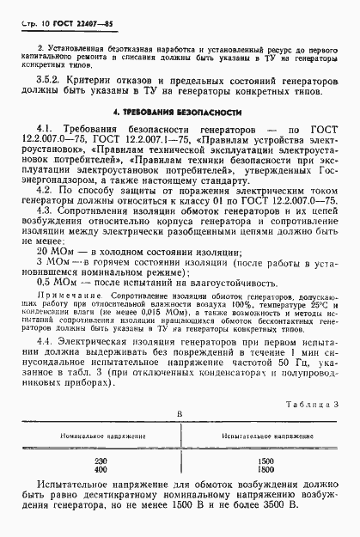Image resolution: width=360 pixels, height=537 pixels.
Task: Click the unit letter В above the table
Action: point(179,413)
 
